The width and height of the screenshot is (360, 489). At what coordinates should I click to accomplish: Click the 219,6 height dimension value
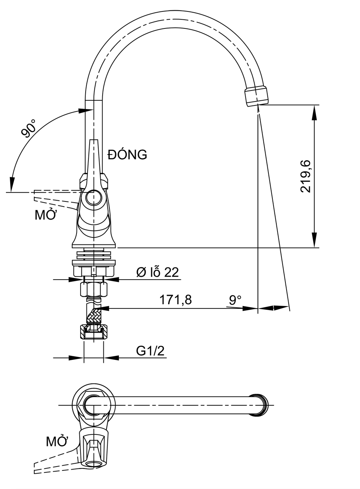[306, 176]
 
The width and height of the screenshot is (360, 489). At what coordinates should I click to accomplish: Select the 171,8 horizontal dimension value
[175, 300]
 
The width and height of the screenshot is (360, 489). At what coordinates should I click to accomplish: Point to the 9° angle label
[235, 300]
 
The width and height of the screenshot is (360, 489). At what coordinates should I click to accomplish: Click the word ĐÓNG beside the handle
[127, 155]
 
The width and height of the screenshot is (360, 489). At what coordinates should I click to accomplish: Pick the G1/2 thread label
[150, 351]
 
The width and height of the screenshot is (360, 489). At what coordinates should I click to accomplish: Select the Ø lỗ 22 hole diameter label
[157, 272]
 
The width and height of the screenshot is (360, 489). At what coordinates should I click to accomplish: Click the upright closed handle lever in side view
[94, 158]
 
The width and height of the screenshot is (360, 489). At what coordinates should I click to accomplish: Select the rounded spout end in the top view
[260, 405]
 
